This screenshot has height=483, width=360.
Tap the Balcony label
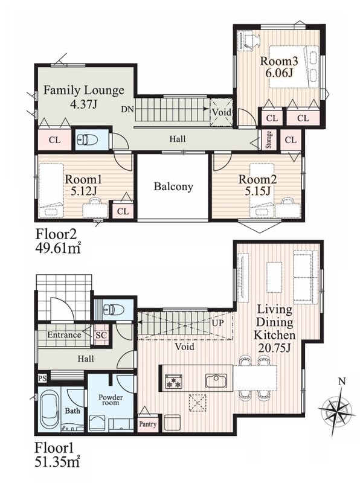(173, 187)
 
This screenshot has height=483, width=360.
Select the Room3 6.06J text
(279, 66)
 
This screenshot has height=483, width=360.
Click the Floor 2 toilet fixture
(87, 140)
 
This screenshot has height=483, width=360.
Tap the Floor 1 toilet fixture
(114, 309)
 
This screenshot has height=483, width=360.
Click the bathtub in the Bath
(49, 409)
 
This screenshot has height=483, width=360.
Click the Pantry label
(147, 424)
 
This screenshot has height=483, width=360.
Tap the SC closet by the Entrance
(101, 335)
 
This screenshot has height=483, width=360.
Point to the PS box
(42, 378)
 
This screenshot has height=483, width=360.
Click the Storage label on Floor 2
(269, 140)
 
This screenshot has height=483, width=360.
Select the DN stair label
(127, 109)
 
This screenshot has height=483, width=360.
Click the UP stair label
(217, 323)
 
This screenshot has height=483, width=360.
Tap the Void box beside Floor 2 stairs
(221, 112)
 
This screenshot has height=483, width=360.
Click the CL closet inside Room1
(123, 211)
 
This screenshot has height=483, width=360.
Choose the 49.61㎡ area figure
(58, 247)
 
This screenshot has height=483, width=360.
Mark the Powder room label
(111, 400)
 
